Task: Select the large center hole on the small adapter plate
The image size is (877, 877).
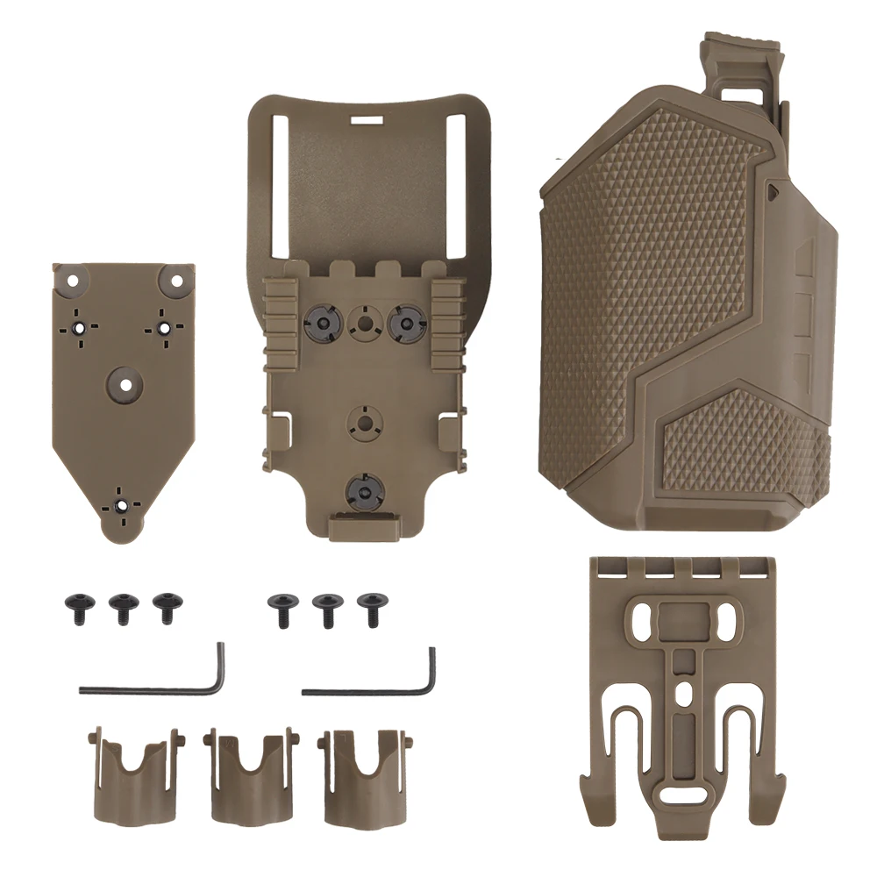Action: click(125, 383)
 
